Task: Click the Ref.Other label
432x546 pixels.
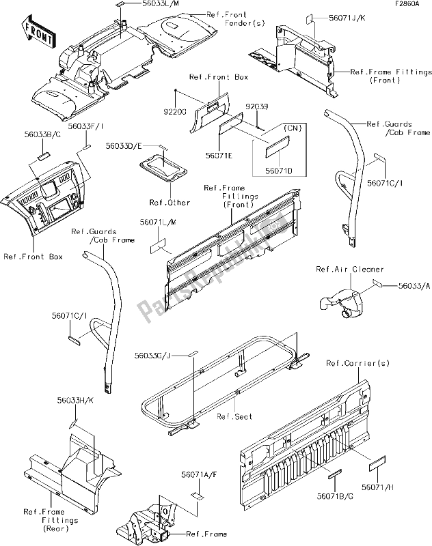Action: (x=170, y=203)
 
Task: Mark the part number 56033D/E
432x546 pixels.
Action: (x=123, y=145)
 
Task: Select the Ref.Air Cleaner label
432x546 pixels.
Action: (x=349, y=269)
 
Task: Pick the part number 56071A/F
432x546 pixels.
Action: (x=199, y=474)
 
